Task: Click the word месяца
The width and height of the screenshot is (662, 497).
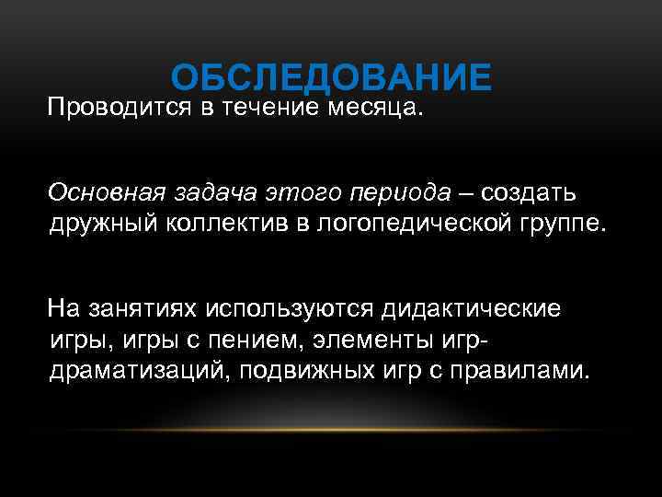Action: [x=375, y=110]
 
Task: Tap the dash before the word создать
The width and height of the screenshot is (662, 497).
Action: [x=466, y=193]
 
